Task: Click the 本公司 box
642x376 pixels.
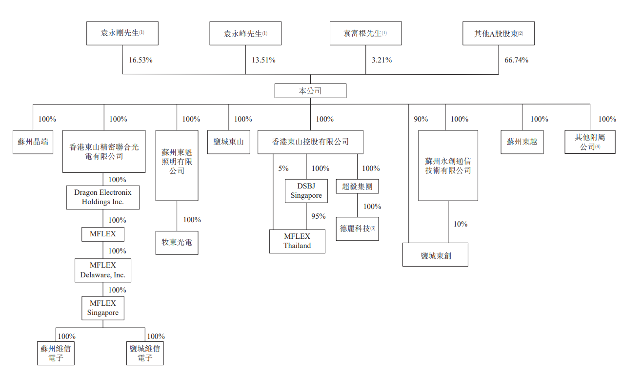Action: (310, 91)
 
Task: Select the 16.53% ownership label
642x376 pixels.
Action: (140, 60)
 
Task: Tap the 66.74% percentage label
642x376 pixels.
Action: (516, 60)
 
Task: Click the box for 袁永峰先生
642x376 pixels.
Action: (245, 33)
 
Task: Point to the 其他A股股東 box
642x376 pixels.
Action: (499, 33)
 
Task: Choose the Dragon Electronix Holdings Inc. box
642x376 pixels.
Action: (103, 197)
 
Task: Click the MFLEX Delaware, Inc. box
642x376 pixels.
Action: (103, 270)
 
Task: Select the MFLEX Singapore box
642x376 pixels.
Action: (103, 308)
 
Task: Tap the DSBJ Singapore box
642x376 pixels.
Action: (306, 191)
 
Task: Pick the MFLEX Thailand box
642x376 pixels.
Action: (297, 241)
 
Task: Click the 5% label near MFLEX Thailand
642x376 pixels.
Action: (283, 168)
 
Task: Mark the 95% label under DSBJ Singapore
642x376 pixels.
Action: (319, 216)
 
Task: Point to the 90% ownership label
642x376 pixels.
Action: (421, 119)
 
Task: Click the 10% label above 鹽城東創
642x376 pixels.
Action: (461, 224)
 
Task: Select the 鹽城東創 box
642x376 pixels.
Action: (435, 255)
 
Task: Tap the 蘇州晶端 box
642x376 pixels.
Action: (33, 142)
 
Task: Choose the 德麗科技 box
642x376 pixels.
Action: (358, 229)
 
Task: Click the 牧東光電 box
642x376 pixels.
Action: (177, 243)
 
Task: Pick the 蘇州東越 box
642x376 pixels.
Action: (522, 142)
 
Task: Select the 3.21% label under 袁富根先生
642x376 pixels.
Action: (382, 60)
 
